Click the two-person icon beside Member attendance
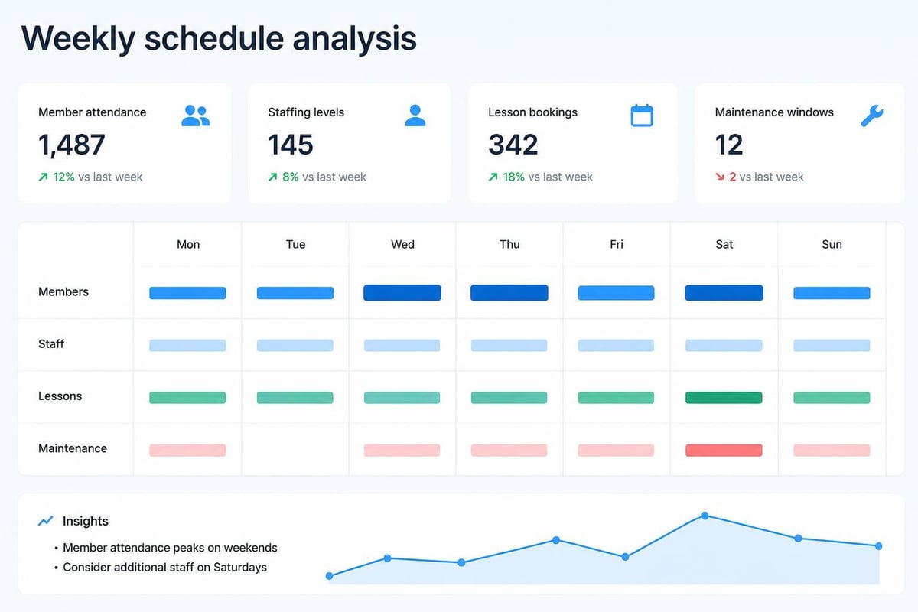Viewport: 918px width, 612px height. click(196, 116)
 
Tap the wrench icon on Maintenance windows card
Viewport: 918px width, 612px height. click(872, 116)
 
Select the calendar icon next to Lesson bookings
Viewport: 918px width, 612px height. click(642, 116)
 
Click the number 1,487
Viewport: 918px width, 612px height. click(72, 145)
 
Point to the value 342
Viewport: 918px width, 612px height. click(513, 145)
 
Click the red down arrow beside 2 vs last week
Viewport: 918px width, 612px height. click(720, 177)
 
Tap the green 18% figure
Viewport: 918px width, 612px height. click(513, 177)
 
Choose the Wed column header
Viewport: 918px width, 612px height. click(402, 244)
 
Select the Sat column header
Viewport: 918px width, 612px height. click(724, 244)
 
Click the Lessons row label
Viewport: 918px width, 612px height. click(60, 396)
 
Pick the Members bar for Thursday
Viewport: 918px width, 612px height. click(509, 293)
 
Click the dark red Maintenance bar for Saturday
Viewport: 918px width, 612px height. click(724, 450)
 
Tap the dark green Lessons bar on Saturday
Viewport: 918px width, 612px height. click(724, 398)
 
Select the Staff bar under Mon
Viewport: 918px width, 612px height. click(187, 345)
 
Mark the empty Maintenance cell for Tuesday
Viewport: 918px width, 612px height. click(295, 450)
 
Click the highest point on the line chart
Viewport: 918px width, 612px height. click(705, 516)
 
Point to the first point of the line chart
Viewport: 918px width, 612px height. click(329, 576)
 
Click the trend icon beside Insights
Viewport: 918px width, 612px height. click(45, 521)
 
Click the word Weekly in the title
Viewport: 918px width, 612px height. click(78, 39)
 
